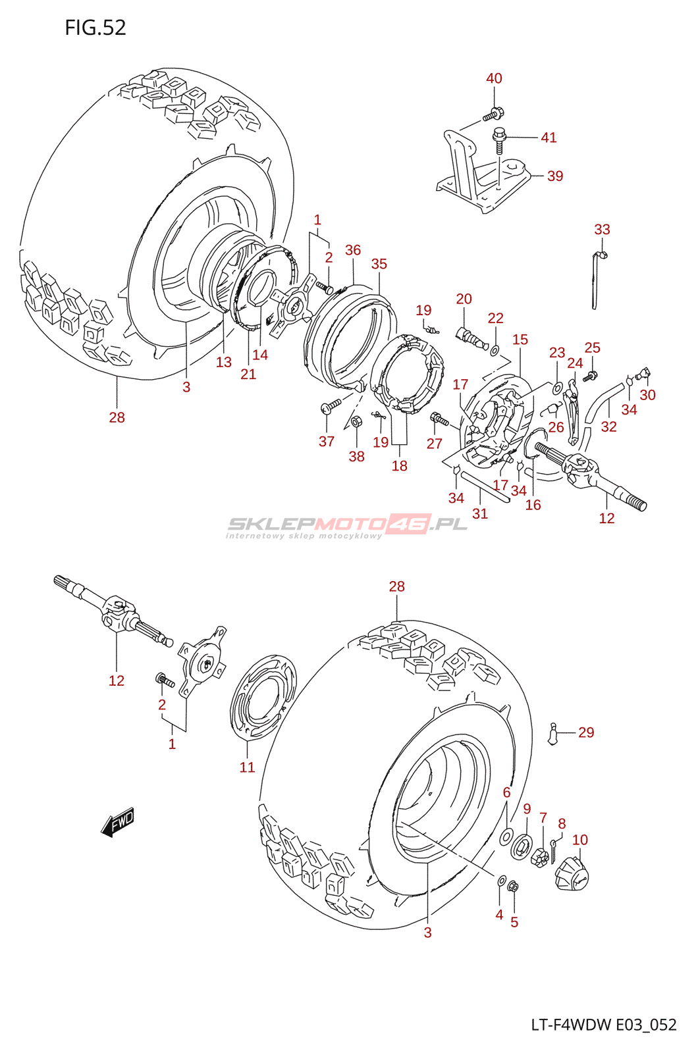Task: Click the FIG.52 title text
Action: pyautogui.click(x=95, y=28)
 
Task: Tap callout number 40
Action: pyautogui.click(x=494, y=78)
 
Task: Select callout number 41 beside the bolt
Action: pyautogui.click(x=549, y=138)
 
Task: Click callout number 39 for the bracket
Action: pyautogui.click(x=555, y=176)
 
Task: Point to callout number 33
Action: pyautogui.click(x=602, y=229)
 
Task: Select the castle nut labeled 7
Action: pyautogui.click(x=539, y=856)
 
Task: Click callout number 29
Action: pyautogui.click(x=586, y=732)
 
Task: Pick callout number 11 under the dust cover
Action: pyautogui.click(x=247, y=767)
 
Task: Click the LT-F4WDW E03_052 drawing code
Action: pyautogui.click(x=604, y=1025)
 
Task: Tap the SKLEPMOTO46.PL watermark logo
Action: pyautogui.click(x=347, y=526)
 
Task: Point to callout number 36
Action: pyautogui.click(x=353, y=250)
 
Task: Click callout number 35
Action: pyautogui.click(x=379, y=264)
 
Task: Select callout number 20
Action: pyautogui.click(x=464, y=299)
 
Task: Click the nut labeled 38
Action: pyautogui.click(x=356, y=422)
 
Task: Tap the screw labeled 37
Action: pyautogui.click(x=330, y=406)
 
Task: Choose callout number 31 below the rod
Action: pyautogui.click(x=480, y=513)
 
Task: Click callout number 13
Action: pyautogui.click(x=224, y=362)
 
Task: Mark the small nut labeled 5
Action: pyautogui.click(x=514, y=887)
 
